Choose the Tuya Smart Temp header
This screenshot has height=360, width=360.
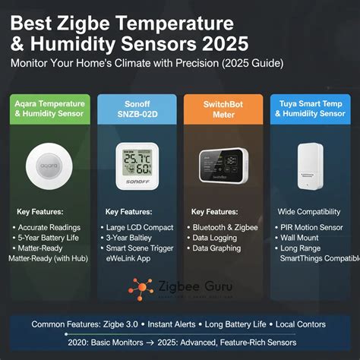[311, 108]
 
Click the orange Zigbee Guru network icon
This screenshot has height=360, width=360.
[139, 289]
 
